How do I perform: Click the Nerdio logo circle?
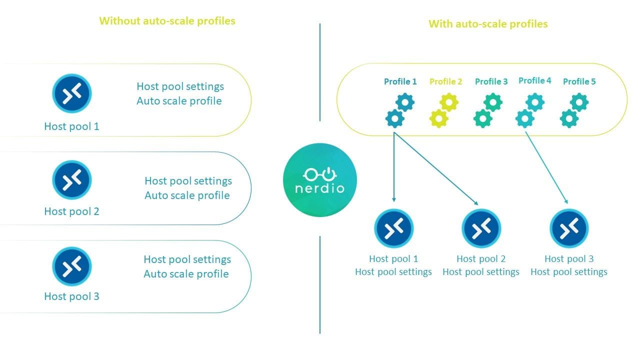[x=320, y=179]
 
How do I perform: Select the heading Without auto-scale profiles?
[x=167, y=21]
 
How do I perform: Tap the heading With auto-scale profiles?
[x=488, y=24]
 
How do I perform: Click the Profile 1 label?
[x=400, y=81]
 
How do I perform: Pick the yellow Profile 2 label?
[x=445, y=81]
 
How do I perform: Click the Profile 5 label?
[x=579, y=81]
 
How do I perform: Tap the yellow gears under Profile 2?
[x=443, y=110]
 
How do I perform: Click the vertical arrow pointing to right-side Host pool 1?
[x=394, y=165]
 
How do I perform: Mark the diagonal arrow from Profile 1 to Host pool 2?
[x=436, y=166]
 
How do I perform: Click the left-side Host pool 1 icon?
[x=72, y=93]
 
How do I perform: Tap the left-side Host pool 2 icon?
[x=72, y=179]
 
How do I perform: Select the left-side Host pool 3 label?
[x=71, y=296]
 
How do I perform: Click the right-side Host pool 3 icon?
[x=569, y=228]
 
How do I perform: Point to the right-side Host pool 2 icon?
[x=481, y=228]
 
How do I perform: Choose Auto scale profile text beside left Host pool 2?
[x=187, y=195]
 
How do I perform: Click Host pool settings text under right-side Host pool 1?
[x=393, y=272]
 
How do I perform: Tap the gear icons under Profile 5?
[x=573, y=110]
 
